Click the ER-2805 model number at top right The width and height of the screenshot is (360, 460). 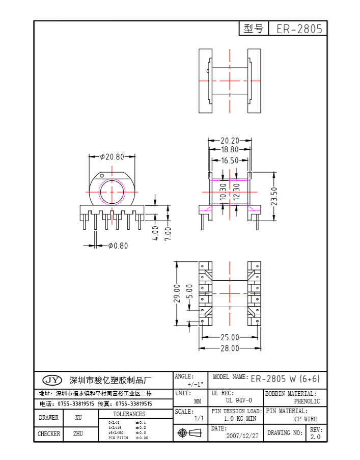pos(299,29)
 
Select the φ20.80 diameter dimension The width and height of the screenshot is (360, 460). pos(112,157)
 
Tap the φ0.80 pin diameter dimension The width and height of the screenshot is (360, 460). pos(118,246)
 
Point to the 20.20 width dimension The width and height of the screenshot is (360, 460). pos(230,141)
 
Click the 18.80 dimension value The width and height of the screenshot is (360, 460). pos(230,150)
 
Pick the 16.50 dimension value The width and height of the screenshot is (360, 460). pos(230,160)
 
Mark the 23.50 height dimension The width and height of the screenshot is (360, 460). pos(274,196)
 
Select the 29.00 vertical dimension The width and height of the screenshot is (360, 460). pos(177,293)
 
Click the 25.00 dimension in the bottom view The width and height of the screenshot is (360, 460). pos(230,337)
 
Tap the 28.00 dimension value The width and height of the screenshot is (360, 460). pos(230,348)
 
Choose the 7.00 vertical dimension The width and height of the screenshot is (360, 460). pos(168,233)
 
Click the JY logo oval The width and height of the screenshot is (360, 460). pos(51,380)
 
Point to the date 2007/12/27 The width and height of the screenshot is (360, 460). pos(242,436)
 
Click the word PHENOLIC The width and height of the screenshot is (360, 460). pos(307,401)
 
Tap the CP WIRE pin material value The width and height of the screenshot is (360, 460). pos(306,419)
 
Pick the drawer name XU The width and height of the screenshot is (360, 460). pos(78,418)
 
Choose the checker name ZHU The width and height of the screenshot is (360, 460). pos(78,434)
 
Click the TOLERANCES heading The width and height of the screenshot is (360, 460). pos(129,414)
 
